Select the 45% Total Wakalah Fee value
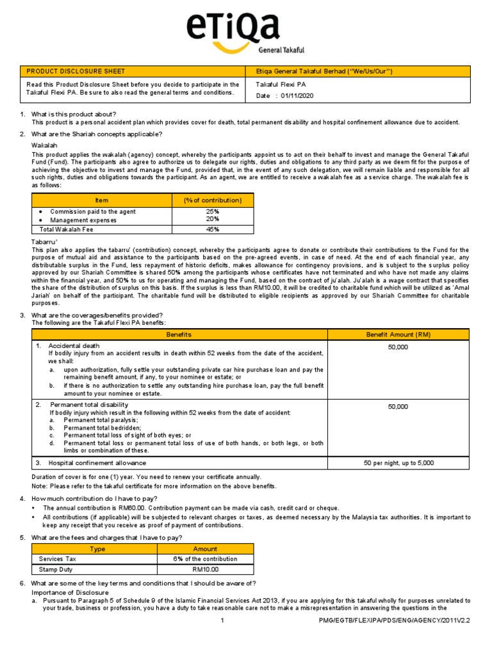coord(213,229)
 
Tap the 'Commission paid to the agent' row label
coord(93,212)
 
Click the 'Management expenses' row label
coord(84,220)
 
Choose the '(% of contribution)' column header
coord(213,201)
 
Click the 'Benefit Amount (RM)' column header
coord(398,335)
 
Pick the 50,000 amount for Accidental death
coord(398,347)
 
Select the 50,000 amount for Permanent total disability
coord(398,406)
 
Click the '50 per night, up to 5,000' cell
coord(398,462)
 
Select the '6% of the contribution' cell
coord(206,559)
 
